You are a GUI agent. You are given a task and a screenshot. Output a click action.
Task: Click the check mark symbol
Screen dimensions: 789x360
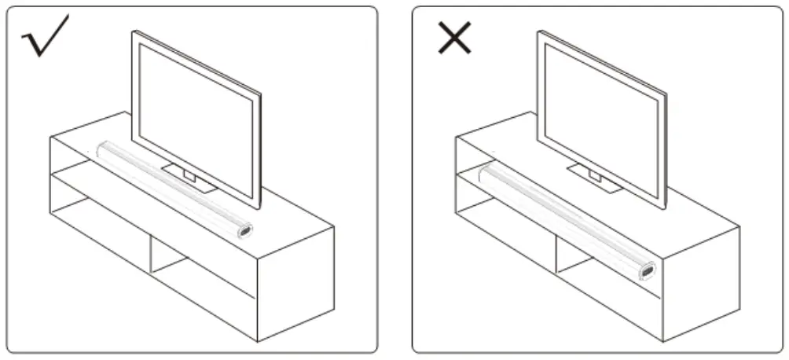point(46,36)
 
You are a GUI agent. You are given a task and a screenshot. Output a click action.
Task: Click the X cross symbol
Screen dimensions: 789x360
point(454,37)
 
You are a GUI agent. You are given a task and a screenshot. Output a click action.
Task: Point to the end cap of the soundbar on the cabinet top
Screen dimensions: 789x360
point(244,231)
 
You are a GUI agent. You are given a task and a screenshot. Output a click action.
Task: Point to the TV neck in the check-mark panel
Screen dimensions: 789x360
point(189,172)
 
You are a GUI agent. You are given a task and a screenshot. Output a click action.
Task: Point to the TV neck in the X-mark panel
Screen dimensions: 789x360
point(595,174)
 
